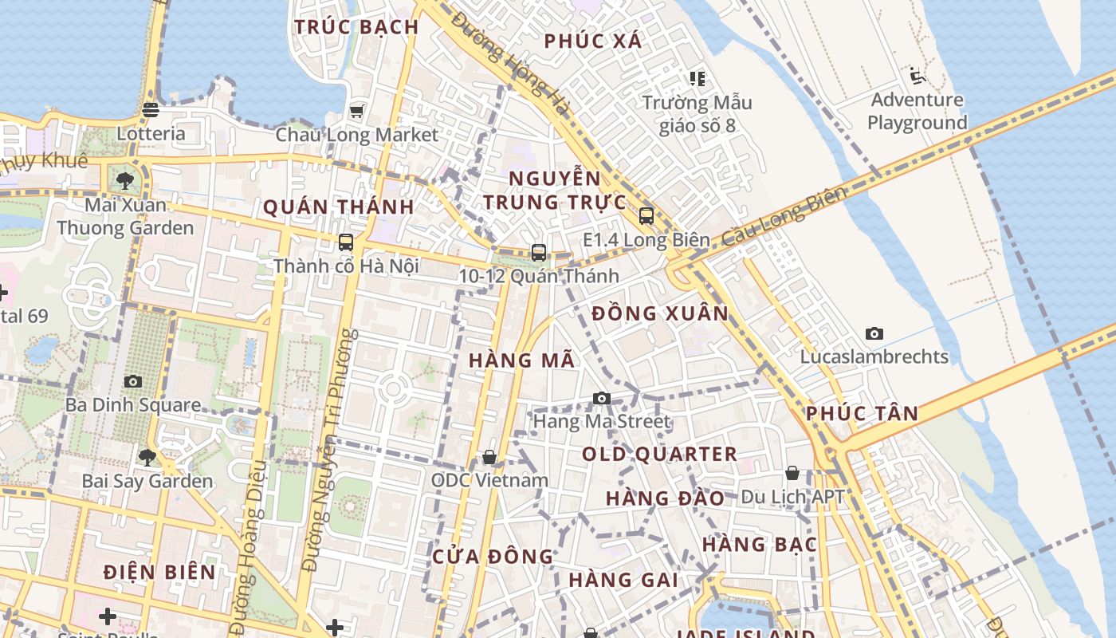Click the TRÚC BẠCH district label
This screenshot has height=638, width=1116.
356,27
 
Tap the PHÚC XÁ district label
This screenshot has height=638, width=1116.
593,41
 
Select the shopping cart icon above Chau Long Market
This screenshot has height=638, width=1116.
356,111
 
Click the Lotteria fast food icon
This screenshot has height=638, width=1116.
151,110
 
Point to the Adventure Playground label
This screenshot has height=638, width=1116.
917,112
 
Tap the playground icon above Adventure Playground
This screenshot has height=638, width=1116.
917,77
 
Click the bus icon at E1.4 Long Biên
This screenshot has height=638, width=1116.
646,216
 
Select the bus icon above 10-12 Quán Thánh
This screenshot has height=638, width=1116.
539,253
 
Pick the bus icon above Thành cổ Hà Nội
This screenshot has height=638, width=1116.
346,242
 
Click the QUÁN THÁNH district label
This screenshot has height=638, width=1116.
338,207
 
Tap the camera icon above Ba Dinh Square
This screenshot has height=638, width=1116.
133,382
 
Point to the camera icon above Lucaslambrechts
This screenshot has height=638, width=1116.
874,334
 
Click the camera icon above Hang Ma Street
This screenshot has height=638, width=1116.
602,399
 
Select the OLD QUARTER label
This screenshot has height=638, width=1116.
659,455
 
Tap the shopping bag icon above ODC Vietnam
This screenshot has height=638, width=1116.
489,457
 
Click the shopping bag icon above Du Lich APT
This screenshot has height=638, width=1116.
792,474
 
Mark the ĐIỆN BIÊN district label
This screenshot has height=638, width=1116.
160,572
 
